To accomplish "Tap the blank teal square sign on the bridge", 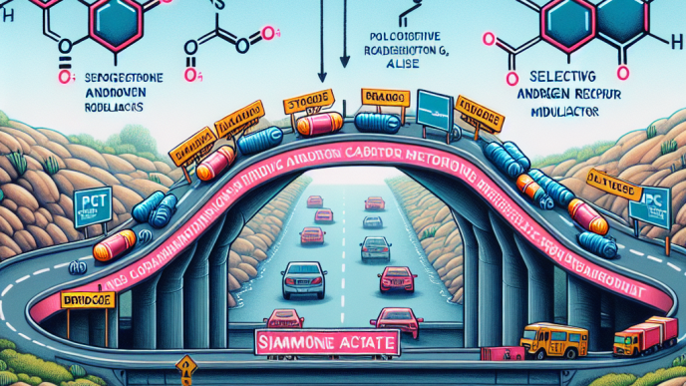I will pyautogui.click(x=436, y=108).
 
